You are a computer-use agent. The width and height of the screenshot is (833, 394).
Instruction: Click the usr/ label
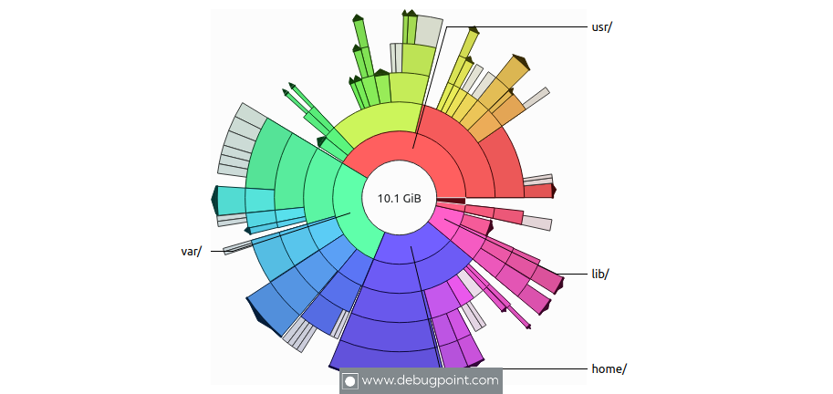602,26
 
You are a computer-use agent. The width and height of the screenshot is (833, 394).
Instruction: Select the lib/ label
599,274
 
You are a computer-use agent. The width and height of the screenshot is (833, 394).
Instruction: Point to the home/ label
609,368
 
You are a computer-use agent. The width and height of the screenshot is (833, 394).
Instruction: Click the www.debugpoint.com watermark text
431,380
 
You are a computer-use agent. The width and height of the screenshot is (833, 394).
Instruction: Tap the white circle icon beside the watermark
349,381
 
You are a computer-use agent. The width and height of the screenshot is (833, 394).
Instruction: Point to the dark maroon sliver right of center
451,201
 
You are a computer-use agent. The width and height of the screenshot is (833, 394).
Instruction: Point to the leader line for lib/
575,274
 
